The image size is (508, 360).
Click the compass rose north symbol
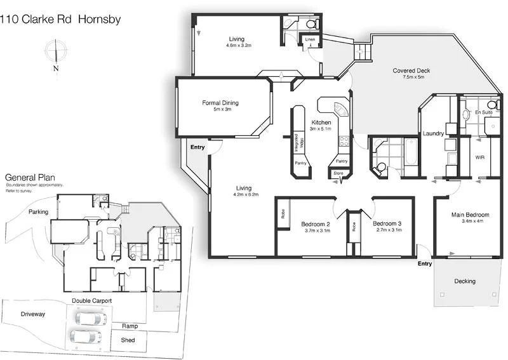tap(57, 51)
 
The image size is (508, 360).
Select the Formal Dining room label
tap(220, 103)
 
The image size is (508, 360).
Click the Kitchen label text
tap(321, 123)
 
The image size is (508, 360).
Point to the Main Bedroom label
tap(470, 215)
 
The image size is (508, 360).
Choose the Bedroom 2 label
tap(315, 224)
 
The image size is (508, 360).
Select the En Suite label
tap(486, 112)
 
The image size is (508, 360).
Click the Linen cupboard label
tap(310, 40)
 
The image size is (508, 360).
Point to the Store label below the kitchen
tap(338, 172)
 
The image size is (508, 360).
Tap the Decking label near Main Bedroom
tap(465, 281)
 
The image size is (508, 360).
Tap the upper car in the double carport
tap(88, 317)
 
